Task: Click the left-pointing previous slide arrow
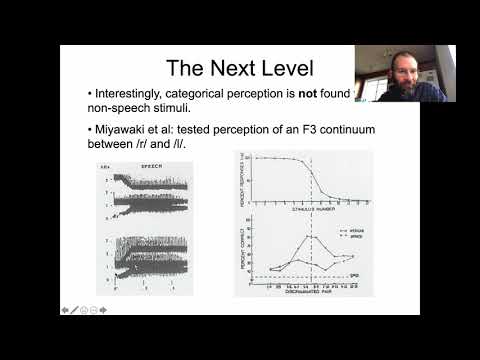click(65, 310)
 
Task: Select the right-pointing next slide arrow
click(103, 310)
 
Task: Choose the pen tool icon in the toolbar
click(74, 310)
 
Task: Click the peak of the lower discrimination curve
click(313, 236)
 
